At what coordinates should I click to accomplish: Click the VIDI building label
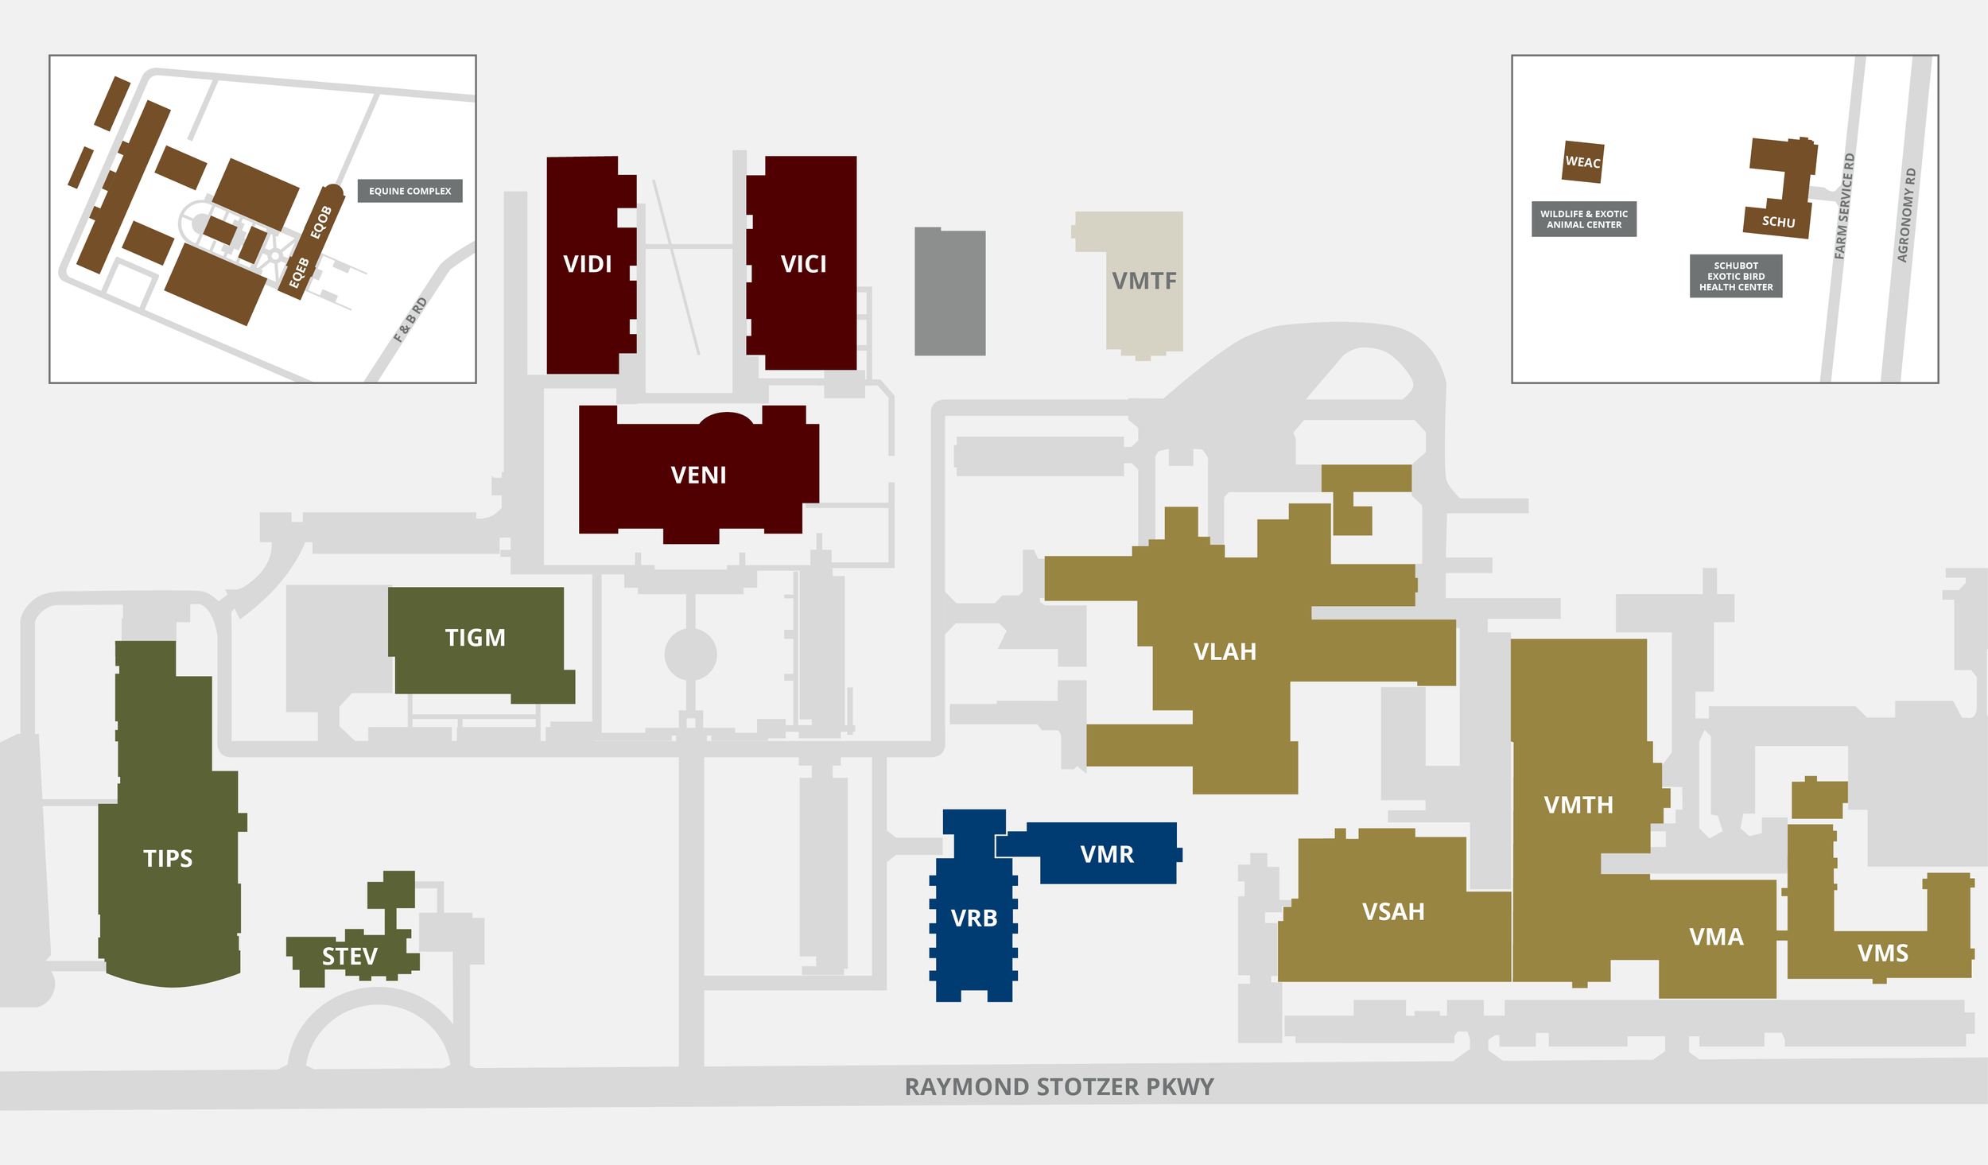pyautogui.click(x=587, y=264)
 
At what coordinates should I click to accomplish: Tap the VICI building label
pyautogui.click(x=803, y=264)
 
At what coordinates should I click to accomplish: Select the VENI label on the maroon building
pyautogui.click(x=698, y=475)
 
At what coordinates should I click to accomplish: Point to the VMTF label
pyautogui.click(x=1143, y=281)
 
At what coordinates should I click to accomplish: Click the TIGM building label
pyautogui.click(x=475, y=638)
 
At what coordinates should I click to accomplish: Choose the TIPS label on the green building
pyautogui.click(x=168, y=858)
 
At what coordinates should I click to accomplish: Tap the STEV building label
pyautogui.click(x=349, y=956)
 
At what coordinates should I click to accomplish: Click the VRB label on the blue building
pyautogui.click(x=973, y=918)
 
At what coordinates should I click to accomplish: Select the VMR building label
pyautogui.click(x=1107, y=854)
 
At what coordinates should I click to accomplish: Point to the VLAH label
pyautogui.click(x=1225, y=652)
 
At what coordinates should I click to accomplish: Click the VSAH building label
pyautogui.click(x=1393, y=911)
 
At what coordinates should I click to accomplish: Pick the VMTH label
pyautogui.click(x=1578, y=805)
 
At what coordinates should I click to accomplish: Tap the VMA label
pyautogui.click(x=1716, y=937)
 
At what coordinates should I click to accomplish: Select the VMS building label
pyautogui.click(x=1882, y=953)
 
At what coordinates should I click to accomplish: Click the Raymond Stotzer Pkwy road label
pyautogui.click(x=1059, y=1086)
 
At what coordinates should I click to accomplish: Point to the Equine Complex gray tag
pyautogui.click(x=410, y=191)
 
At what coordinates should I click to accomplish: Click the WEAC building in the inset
pyautogui.click(x=1582, y=162)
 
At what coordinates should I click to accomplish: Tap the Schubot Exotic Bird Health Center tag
pyautogui.click(x=1736, y=276)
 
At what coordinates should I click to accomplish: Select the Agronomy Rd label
pyautogui.click(x=1906, y=215)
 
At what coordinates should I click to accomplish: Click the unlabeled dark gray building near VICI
pyautogui.click(x=949, y=293)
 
